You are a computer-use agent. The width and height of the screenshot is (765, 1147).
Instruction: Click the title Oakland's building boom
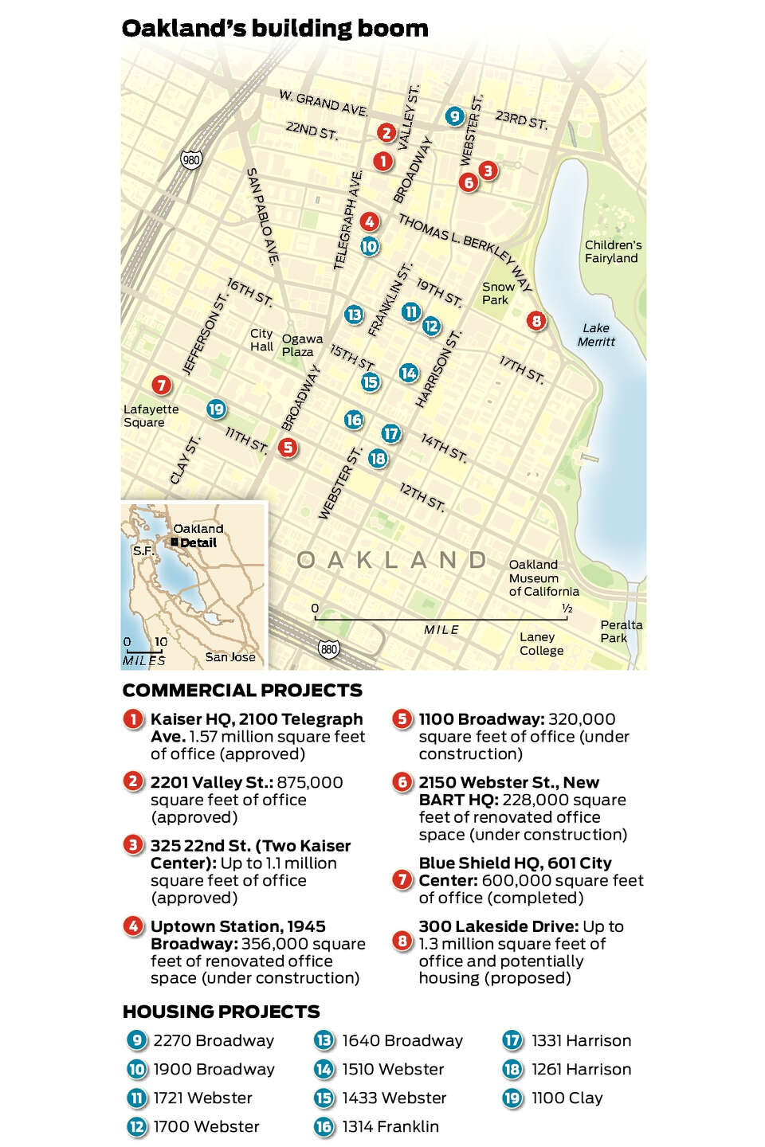click(x=275, y=29)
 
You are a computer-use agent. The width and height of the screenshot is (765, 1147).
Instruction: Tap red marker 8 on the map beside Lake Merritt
click(x=536, y=321)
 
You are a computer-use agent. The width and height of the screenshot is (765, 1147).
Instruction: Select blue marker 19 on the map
click(x=216, y=410)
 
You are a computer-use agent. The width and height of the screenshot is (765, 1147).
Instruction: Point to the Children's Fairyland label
click(x=612, y=252)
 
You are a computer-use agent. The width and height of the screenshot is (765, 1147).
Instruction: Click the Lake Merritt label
click(x=597, y=335)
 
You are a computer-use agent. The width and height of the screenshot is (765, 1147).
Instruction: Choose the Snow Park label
click(x=498, y=293)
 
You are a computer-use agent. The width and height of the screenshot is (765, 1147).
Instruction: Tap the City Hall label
click(x=261, y=340)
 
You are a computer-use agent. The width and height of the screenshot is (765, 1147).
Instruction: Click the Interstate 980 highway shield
click(x=191, y=159)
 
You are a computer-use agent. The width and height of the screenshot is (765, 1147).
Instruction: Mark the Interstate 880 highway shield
click(x=328, y=649)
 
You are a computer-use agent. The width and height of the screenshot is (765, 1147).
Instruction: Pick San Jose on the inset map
click(x=230, y=657)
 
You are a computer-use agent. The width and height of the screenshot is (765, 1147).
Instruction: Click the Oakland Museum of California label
click(x=544, y=578)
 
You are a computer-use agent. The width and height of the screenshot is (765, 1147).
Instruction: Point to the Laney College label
click(x=541, y=644)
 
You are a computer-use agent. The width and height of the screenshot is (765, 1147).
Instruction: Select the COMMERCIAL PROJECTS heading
click(x=242, y=691)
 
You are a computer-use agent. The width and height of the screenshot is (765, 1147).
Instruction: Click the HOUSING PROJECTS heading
click(x=221, y=1012)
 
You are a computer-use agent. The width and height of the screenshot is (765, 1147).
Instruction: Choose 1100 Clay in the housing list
click(x=567, y=1098)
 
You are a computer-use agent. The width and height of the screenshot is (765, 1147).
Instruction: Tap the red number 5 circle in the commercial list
click(x=402, y=719)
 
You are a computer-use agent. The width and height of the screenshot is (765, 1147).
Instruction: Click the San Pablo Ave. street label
click(x=263, y=217)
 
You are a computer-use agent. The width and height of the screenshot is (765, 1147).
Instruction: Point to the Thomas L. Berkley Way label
click(x=465, y=254)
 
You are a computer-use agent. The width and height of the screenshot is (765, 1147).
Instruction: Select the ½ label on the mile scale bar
click(x=567, y=609)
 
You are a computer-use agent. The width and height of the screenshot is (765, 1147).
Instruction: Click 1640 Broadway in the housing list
click(x=402, y=1040)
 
